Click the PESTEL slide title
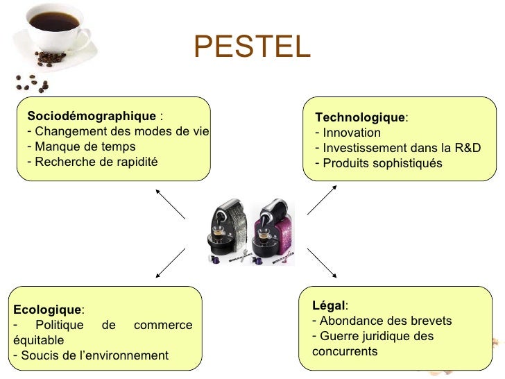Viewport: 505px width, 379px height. tap(252, 47)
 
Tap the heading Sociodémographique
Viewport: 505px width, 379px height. tap(92, 115)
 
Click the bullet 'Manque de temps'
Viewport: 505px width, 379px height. tap(85, 147)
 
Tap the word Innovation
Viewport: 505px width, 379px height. tap(352, 133)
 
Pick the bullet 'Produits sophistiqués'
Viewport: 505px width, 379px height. tap(382, 163)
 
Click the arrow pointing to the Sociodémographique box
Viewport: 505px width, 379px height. tap(170, 203)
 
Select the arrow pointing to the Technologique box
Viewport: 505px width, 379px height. tap(322, 199)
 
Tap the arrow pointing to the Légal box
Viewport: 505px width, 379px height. tap(321, 262)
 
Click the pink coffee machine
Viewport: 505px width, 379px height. tap(273, 229)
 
